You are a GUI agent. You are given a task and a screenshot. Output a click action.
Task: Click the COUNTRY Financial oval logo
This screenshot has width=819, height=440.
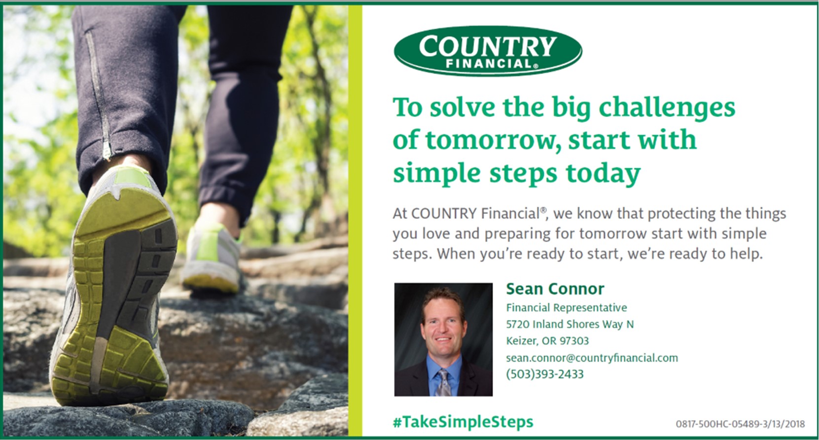(x=488, y=51)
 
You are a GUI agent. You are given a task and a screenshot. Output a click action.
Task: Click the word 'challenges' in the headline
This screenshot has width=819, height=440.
(x=667, y=108)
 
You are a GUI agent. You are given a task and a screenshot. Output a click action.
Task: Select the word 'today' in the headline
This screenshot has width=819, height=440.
(x=604, y=174)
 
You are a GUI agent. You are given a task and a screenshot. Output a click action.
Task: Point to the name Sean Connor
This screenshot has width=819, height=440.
(x=555, y=289)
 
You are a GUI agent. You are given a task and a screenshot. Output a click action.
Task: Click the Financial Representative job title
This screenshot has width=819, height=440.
(x=567, y=308)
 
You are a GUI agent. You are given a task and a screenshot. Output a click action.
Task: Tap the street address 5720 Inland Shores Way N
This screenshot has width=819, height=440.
(x=570, y=324)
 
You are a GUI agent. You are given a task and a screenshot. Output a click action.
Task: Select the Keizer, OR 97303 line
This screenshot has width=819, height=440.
(x=547, y=341)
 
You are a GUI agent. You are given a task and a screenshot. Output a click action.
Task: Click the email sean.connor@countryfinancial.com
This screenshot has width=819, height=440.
(x=592, y=358)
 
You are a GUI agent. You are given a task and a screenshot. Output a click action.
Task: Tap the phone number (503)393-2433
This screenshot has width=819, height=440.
(x=545, y=374)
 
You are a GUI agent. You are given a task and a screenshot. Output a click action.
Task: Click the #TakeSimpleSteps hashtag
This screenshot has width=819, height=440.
(x=463, y=422)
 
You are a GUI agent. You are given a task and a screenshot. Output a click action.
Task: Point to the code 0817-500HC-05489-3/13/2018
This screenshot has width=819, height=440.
(x=741, y=424)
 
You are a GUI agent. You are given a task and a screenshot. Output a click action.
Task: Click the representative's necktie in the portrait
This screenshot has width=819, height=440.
(x=443, y=383)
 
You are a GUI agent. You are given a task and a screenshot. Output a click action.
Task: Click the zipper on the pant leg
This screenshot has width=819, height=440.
(x=99, y=96)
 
